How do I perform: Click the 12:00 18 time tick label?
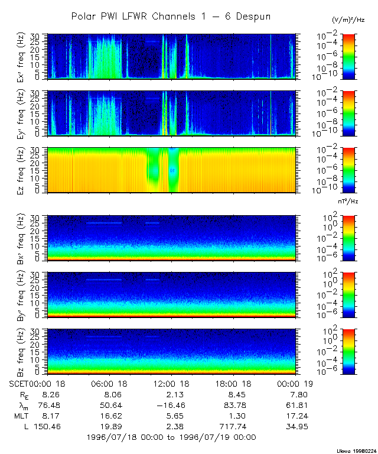pos(171,384)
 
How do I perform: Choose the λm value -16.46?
pos(171,405)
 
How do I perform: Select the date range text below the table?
pos(171,437)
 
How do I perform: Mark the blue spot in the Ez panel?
pos(172,170)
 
